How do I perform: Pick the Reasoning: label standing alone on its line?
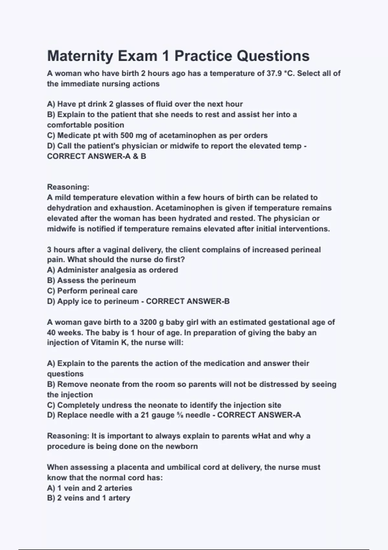[68, 187]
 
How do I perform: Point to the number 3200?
[148, 322]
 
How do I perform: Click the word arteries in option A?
[118, 488]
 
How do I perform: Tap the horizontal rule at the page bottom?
[194, 549]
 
